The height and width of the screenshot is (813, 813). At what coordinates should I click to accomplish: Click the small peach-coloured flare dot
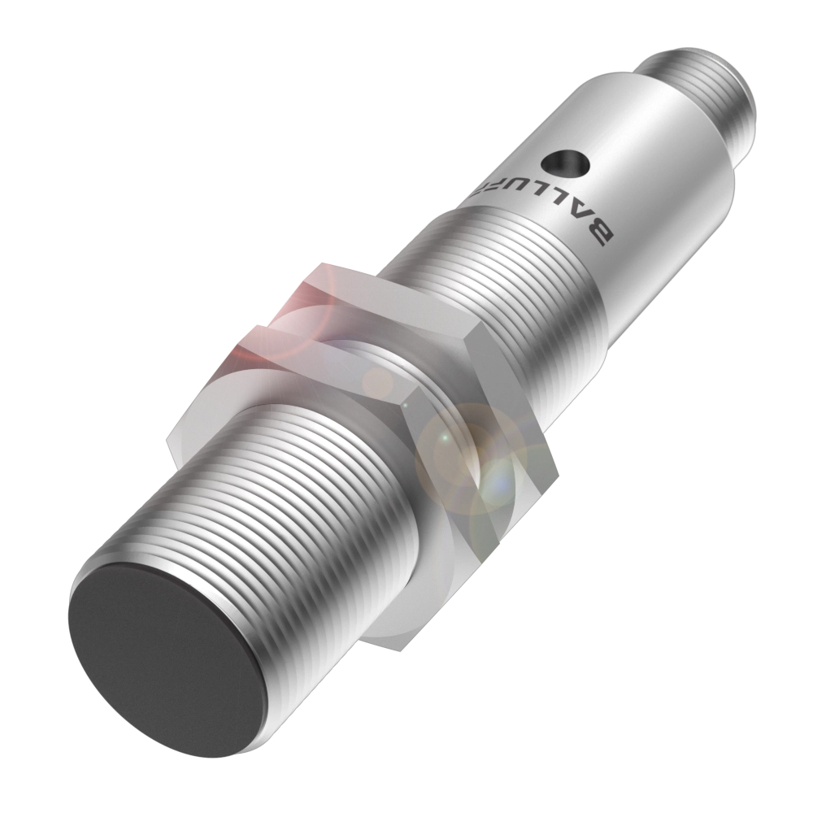[377, 382]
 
